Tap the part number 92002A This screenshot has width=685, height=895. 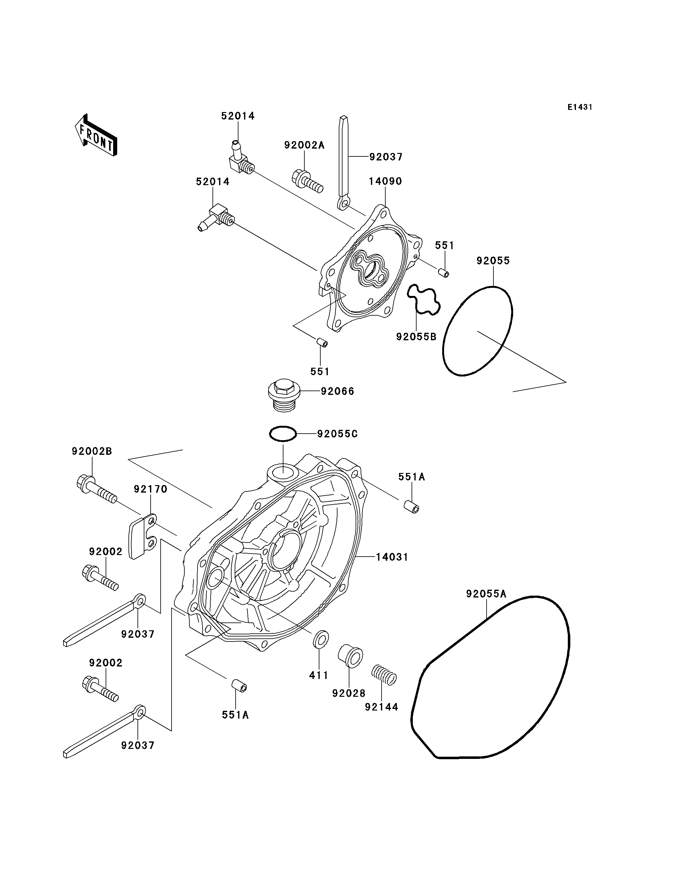coord(304,145)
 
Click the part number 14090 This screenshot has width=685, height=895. coord(385,181)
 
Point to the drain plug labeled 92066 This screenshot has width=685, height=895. coord(284,395)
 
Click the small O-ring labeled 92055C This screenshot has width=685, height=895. coord(282,434)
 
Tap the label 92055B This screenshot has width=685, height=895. coord(416,337)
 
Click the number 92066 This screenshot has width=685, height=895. coord(337,391)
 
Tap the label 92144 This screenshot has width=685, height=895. coord(382,707)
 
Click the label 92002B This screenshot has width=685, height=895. coord(92,451)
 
